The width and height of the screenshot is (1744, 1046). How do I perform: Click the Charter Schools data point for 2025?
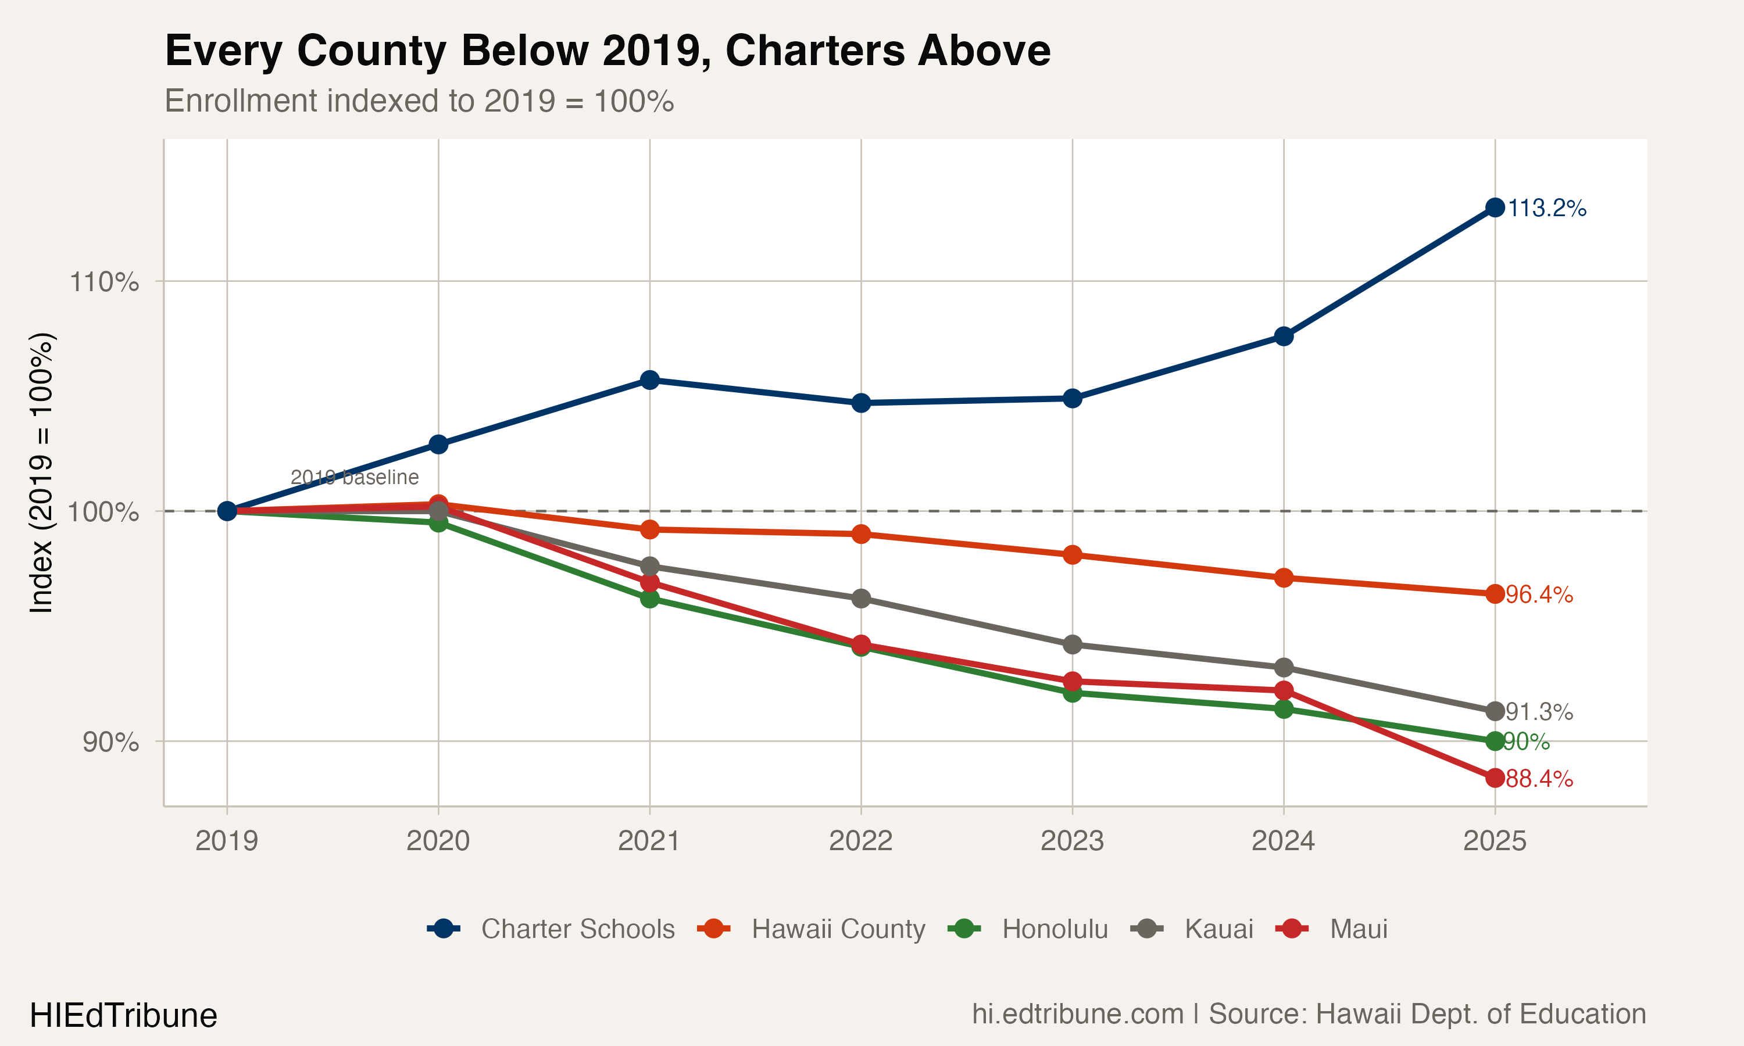(1495, 207)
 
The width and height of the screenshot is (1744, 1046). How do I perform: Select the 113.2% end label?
(1546, 208)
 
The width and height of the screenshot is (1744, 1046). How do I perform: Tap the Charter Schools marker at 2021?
(649, 380)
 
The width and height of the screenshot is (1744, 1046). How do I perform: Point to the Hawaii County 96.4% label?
(1539, 594)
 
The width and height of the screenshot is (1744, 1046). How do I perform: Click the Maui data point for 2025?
(1495, 778)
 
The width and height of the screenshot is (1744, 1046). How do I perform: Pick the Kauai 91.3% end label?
(1539, 711)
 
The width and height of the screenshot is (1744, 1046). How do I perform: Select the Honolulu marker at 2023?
(1071, 693)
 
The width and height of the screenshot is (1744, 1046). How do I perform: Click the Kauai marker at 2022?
(861, 599)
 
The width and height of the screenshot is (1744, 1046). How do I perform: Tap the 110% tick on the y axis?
(103, 282)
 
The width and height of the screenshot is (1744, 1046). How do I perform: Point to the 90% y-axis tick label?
(110, 741)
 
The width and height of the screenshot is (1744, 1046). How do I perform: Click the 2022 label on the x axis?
(861, 841)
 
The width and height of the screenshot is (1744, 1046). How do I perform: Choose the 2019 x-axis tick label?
(226, 841)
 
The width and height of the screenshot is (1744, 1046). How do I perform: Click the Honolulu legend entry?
(1055, 929)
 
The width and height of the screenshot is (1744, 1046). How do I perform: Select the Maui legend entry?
(1357, 929)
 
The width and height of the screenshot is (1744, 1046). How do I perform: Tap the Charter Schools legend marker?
(444, 929)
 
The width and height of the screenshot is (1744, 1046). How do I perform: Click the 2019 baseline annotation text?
(355, 477)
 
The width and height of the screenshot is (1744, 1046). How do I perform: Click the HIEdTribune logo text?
(123, 1016)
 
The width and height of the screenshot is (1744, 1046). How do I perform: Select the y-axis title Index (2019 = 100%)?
(41, 472)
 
